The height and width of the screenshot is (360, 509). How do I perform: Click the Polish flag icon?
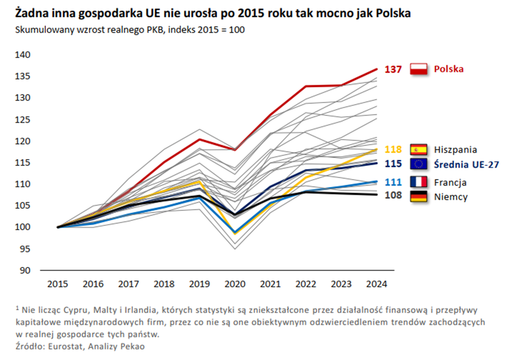click(x=418, y=69)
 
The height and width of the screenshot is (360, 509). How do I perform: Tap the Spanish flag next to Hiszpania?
click(x=418, y=149)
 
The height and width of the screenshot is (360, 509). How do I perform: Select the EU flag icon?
click(x=418, y=164)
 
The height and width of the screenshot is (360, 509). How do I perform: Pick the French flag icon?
click(x=418, y=182)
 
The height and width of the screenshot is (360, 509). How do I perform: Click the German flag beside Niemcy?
click(x=418, y=196)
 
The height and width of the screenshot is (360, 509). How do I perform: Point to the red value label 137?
click(x=393, y=69)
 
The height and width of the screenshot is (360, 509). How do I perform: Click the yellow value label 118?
click(x=393, y=149)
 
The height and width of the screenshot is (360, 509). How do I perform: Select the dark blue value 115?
click(x=393, y=164)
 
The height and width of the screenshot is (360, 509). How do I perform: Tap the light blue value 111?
click(x=393, y=182)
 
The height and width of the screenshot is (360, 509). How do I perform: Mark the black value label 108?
click(x=393, y=196)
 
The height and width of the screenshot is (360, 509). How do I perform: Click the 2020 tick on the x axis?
click(x=235, y=284)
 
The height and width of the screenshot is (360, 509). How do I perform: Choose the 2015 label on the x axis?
click(x=58, y=284)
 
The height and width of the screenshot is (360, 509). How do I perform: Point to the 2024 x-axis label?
click(x=376, y=284)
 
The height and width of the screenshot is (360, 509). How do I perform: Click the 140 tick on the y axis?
click(x=23, y=55)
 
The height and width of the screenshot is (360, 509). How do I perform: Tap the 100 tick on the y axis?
click(x=23, y=227)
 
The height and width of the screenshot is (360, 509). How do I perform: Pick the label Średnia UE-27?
click(x=466, y=164)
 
